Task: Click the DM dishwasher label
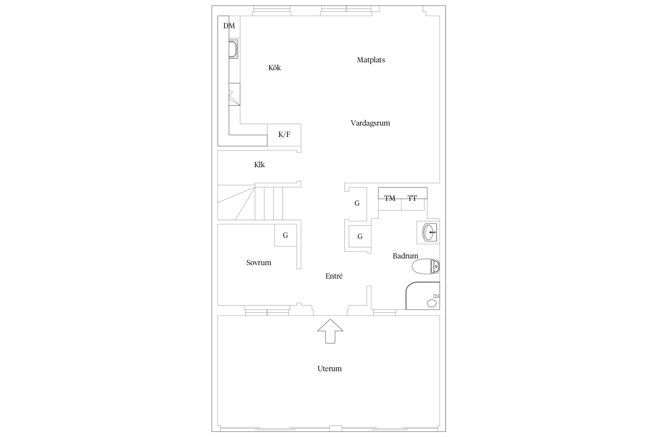[229, 26]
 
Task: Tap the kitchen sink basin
[233, 49]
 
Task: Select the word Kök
[275, 68]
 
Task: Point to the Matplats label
[371, 60]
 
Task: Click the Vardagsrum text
[370, 123]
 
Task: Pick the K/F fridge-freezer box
[284, 135]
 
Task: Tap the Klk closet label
[259, 165]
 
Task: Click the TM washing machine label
[390, 198]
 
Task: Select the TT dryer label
[412, 198]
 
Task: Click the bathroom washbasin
[429, 232]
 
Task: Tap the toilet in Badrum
[426, 266]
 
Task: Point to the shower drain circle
[432, 303]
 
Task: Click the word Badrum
[405, 256]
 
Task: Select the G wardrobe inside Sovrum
[286, 235]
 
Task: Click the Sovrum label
[259, 263]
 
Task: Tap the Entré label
[334, 276]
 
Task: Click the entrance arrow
[330, 331]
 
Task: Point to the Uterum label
[330, 369]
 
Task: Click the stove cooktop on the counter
[234, 94]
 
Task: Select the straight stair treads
[269, 203]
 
